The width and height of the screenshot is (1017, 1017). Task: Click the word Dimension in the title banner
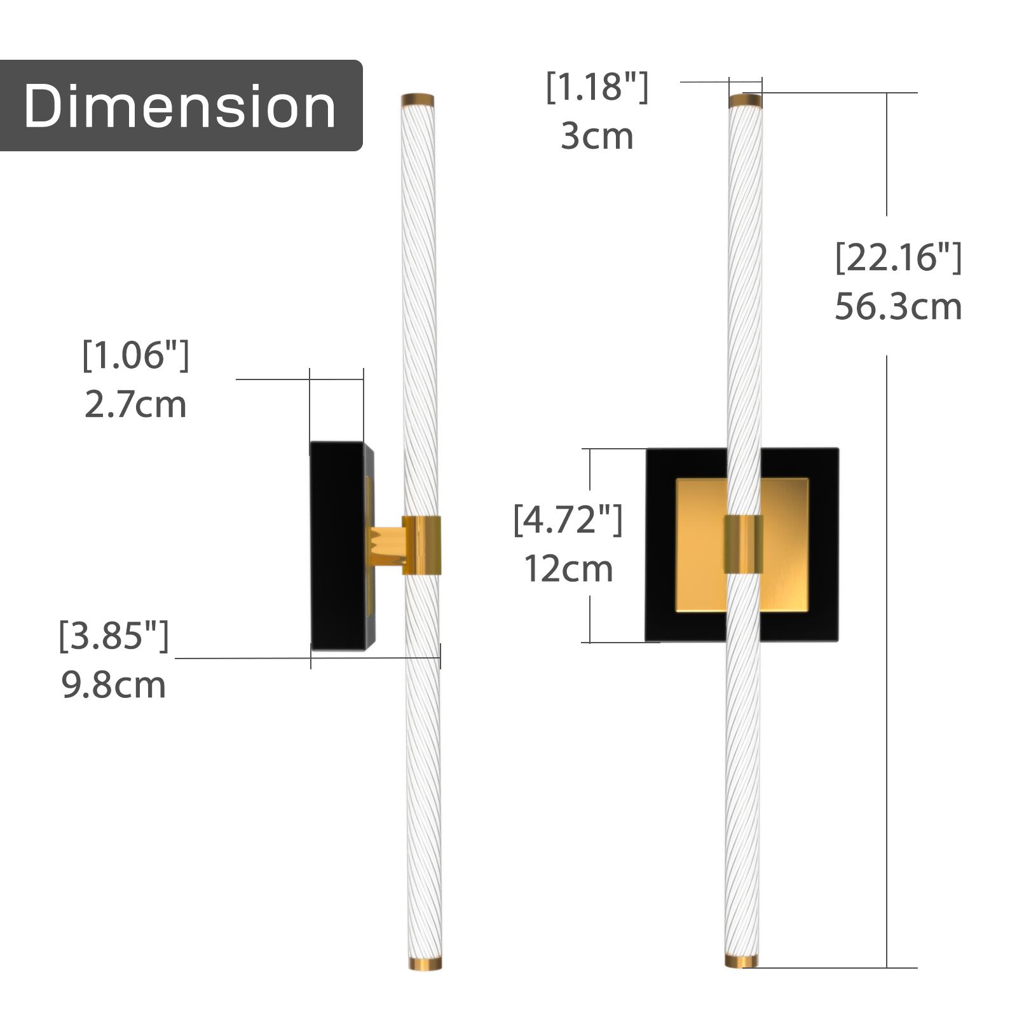point(180,106)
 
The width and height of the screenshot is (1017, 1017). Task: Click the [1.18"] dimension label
point(597,87)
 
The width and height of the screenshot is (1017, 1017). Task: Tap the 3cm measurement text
point(597,137)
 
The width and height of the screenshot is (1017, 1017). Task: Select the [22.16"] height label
point(898,257)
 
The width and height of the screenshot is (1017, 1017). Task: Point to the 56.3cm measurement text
point(898,307)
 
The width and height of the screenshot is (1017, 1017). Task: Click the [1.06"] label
point(135,355)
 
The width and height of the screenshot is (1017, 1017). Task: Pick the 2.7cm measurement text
point(135,405)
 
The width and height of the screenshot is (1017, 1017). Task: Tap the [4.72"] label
point(568,519)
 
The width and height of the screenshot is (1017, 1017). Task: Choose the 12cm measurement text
point(568,569)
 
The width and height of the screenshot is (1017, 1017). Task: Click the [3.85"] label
point(114,635)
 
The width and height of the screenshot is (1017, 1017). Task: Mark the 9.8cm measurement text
point(114,685)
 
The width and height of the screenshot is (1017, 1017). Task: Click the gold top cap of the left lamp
point(418,100)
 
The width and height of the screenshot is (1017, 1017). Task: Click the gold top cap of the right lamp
point(745,100)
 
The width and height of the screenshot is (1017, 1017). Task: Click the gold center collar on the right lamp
point(743,544)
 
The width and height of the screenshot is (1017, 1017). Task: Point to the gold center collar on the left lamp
point(421,545)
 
